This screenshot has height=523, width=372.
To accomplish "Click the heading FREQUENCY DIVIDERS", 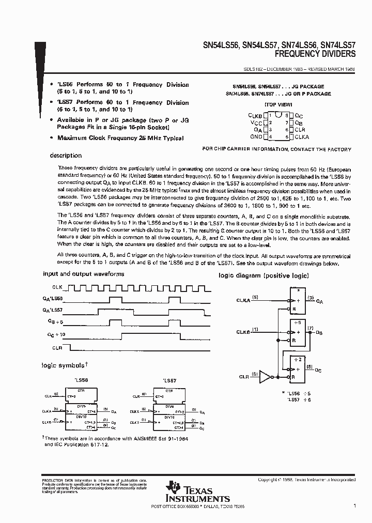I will coord(315,53).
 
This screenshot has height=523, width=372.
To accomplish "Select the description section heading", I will coord(66,155).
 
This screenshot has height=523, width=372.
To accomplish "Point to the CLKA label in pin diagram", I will coord(302,136).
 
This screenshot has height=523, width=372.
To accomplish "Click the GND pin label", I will coord(256,137).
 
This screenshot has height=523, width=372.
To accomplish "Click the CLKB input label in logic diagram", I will coord(244,331).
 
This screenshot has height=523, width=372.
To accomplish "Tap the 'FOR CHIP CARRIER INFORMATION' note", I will coord(277,149).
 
